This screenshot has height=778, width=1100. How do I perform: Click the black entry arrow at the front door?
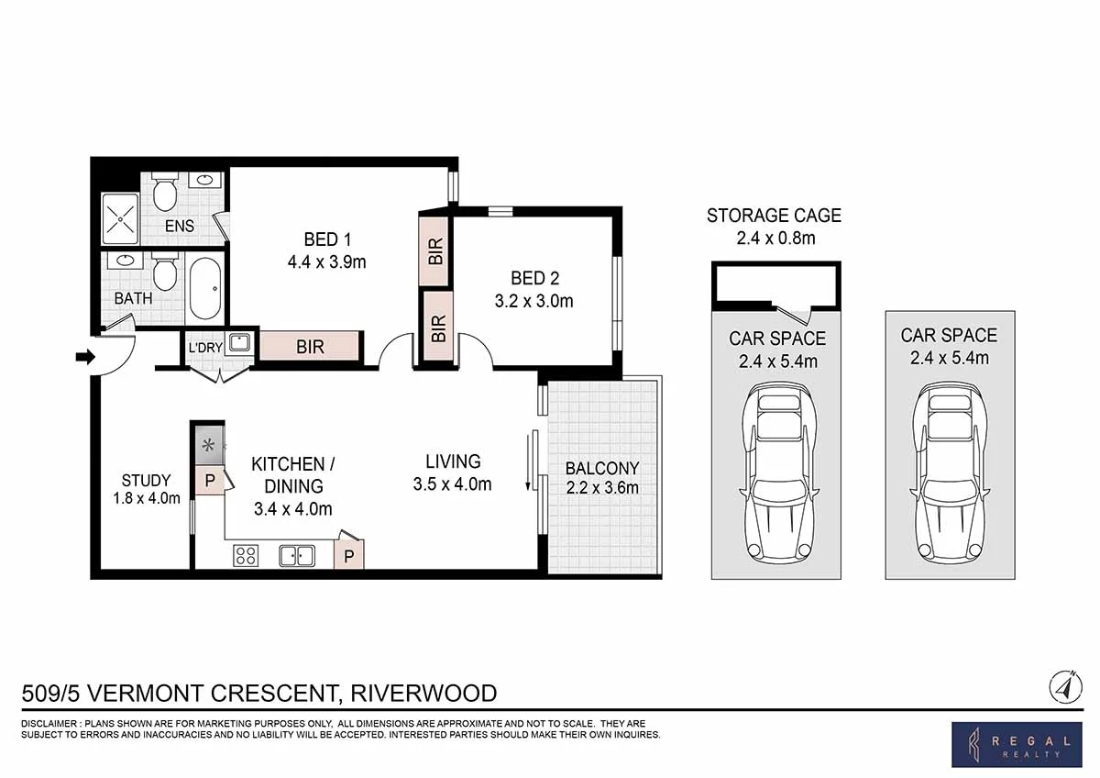tap(85, 357)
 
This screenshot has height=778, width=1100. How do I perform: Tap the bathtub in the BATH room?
tap(205, 288)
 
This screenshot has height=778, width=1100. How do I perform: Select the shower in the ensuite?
tap(120, 218)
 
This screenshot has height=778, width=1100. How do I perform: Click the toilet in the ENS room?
tap(164, 192)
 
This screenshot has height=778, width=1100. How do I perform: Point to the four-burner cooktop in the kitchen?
tap(246, 555)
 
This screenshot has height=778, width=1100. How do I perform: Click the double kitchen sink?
tap(297, 556)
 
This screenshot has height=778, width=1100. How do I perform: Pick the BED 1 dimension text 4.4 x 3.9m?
tap(327, 262)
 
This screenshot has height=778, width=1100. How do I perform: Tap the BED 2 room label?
tap(534, 278)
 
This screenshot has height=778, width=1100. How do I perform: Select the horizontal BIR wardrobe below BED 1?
tap(311, 346)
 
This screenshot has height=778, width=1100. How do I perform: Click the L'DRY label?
tap(205, 348)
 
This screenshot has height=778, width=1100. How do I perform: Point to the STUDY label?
tap(147, 480)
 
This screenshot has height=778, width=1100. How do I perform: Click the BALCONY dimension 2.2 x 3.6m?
tap(602, 488)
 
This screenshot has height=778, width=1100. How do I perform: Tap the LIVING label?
tap(453, 461)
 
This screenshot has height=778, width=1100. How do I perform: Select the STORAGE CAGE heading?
tap(774, 216)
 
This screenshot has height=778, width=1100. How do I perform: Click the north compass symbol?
tap(1065, 687)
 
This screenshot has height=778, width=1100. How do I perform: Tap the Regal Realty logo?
tap(1017, 745)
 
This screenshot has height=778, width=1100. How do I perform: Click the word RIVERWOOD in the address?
tap(423, 694)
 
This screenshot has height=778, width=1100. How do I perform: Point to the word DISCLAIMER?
tap(49, 724)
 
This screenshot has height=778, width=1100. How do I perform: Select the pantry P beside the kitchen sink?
tap(349, 556)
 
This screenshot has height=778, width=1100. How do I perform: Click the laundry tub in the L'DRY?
tap(239, 342)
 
